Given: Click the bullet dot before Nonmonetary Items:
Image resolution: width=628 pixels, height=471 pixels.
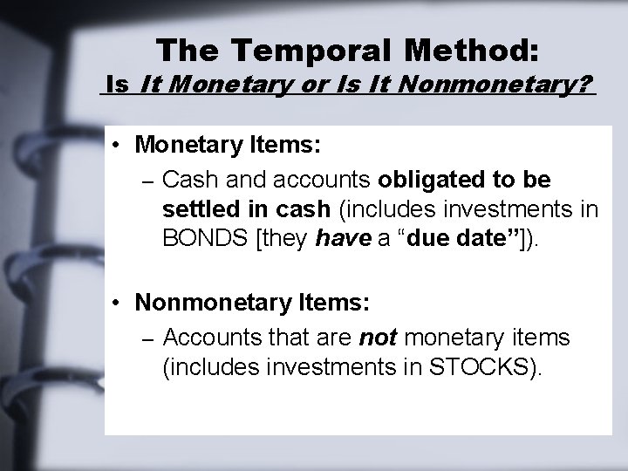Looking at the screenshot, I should point(116,304).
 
